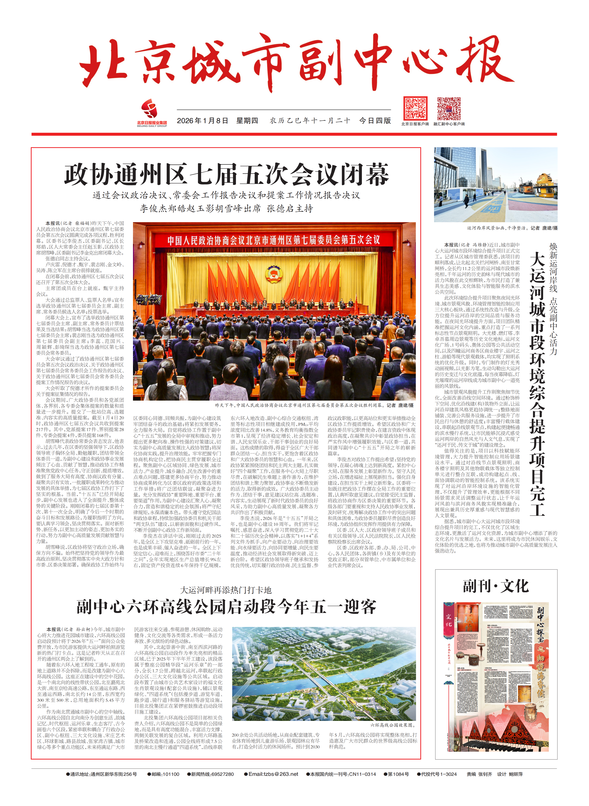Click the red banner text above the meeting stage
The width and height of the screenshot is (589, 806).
point(274,240)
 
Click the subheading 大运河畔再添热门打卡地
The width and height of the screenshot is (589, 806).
point(226,590)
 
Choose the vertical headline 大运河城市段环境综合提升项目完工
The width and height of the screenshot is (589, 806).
point(537,381)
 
